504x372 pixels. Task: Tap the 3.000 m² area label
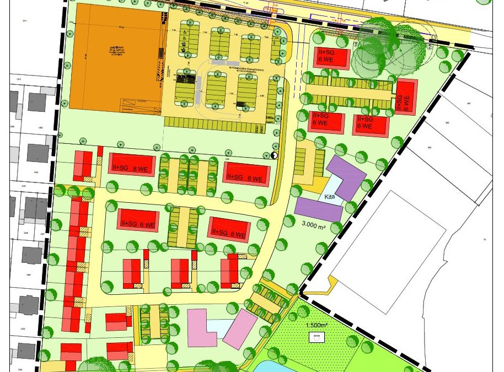click(x=317, y=224)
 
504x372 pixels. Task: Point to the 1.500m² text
click(x=317, y=325)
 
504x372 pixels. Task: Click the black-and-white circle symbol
click(x=275, y=155)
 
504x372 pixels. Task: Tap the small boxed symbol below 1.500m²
click(x=317, y=336)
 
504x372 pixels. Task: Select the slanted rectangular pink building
click(x=239, y=328)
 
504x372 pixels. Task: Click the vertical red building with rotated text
click(x=407, y=97)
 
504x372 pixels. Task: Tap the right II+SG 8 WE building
click(x=247, y=174)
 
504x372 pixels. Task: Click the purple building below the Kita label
click(x=318, y=209)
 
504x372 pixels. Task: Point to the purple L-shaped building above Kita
click(x=346, y=176)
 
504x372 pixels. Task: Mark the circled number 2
click(x=430, y=46)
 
